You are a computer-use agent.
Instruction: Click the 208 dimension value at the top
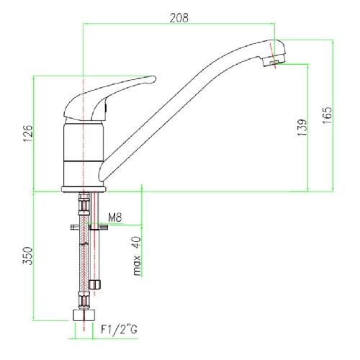point(179,18)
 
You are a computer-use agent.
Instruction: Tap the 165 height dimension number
point(327,115)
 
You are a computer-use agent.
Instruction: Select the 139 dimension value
point(302,127)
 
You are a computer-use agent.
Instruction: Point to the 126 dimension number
point(28,133)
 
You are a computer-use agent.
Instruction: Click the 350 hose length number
point(27,256)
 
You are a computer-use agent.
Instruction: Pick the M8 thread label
point(115,217)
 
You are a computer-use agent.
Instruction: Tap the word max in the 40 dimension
point(137,266)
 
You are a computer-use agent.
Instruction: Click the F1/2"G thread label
point(119,329)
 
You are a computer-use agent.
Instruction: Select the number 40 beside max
point(136,243)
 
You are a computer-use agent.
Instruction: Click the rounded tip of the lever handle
point(153,79)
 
